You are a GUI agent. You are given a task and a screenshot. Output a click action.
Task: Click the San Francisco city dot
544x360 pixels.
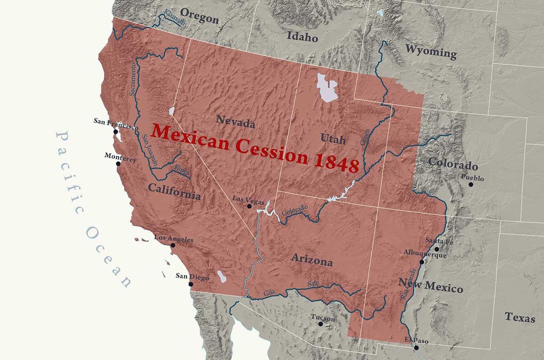pyautogui.click(x=116, y=132)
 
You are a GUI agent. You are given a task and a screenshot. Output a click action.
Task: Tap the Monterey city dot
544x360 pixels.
pyautogui.click(x=118, y=163)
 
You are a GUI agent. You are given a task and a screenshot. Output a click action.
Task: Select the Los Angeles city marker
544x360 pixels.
pyautogui.click(x=173, y=245)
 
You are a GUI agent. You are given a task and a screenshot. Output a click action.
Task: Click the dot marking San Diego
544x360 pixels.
pyautogui.click(x=191, y=284)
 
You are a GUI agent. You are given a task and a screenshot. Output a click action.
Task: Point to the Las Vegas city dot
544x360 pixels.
pyautogui.click(x=249, y=206)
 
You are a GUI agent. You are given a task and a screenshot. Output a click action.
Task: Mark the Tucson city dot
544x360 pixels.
pyautogui.click(x=321, y=324)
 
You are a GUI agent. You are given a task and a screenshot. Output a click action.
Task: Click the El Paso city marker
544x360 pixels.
pyautogui.click(x=416, y=348)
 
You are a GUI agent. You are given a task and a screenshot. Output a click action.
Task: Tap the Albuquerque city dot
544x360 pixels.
pyautogui.click(x=422, y=262)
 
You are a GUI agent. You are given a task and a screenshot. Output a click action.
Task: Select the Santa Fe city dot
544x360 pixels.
pyautogui.click(x=437, y=249)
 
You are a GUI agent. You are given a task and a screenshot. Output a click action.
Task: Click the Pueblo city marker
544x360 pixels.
pyautogui.click(x=471, y=185)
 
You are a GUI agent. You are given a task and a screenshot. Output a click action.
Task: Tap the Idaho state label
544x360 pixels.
pyautogui.click(x=302, y=36)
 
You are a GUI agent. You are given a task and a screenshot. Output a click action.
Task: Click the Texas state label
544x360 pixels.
pyautogui.click(x=520, y=317)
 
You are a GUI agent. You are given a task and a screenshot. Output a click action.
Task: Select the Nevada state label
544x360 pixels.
pyautogui.click(x=235, y=121)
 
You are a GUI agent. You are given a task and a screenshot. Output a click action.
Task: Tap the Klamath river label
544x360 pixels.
pyautogui.click(x=175, y=17)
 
